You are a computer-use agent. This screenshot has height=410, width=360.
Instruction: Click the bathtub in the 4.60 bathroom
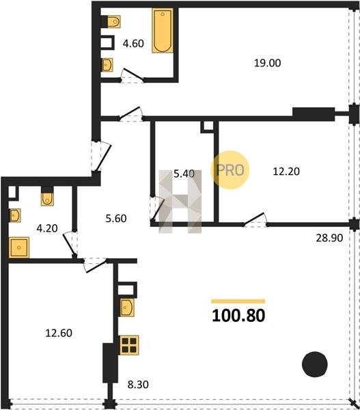click(x=163, y=31)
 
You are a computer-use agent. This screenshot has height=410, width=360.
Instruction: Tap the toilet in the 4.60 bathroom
click(x=113, y=21)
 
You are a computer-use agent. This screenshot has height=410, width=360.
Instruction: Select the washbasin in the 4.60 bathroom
click(x=107, y=65)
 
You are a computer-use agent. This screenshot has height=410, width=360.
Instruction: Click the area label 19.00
click(x=268, y=63)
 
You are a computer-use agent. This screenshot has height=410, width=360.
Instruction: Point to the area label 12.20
click(x=286, y=172)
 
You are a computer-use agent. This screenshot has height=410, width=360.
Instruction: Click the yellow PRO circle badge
click(x=230, y=170)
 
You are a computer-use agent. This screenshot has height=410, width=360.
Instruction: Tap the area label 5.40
click(x=184, y=174)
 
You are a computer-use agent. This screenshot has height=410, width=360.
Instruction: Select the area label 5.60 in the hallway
click(x=116, y=219)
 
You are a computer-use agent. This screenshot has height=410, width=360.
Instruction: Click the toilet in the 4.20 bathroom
click(x=47, y=199)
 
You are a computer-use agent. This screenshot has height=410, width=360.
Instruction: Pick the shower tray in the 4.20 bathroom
click(x=19, y=247)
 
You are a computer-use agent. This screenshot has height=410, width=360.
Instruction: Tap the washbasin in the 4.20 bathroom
click(x=15, y=215)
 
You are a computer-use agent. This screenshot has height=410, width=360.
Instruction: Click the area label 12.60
click(x=59, y=333)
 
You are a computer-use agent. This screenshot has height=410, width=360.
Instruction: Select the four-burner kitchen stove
click(x=129, y=345)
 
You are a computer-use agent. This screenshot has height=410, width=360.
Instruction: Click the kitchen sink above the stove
click(x=127, y=307)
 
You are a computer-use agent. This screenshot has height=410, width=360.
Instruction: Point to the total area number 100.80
click(x=238, y=316)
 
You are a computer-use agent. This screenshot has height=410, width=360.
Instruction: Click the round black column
click(x=315, y=364)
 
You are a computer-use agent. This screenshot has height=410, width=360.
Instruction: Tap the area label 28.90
click(x=329, y=238)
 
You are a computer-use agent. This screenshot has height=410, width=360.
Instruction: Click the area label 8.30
click(x=138, y=385)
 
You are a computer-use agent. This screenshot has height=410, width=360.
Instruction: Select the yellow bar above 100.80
click(x=238, y=301)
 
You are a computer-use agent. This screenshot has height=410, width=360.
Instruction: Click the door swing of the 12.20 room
click(x=255, y=219)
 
